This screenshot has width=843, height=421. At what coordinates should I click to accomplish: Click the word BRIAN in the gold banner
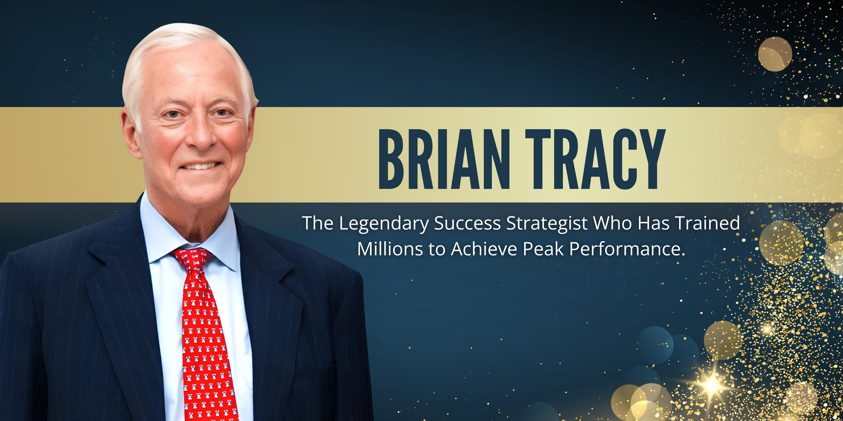click(444, 159)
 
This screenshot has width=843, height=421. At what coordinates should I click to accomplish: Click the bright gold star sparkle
click(712, 386)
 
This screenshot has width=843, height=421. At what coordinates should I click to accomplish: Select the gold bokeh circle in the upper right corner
click(775, 54)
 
